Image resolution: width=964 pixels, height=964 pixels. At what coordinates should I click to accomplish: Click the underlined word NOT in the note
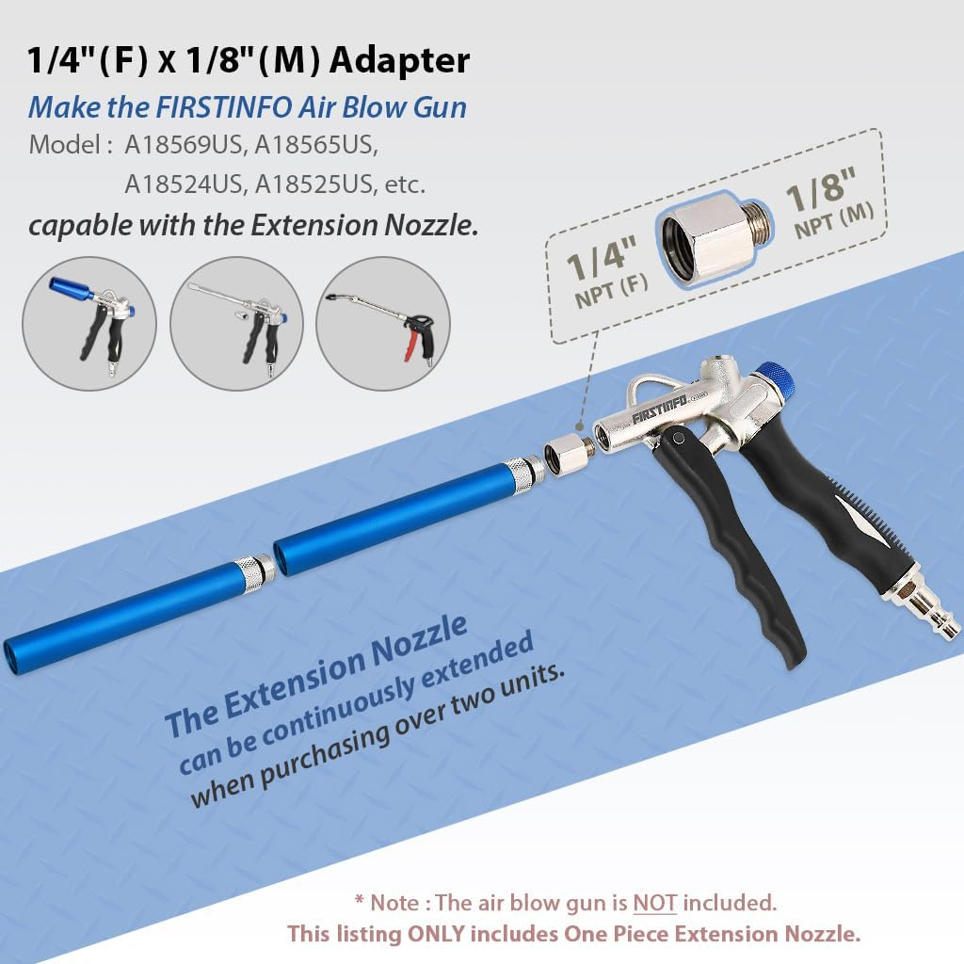coord(654,903)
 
